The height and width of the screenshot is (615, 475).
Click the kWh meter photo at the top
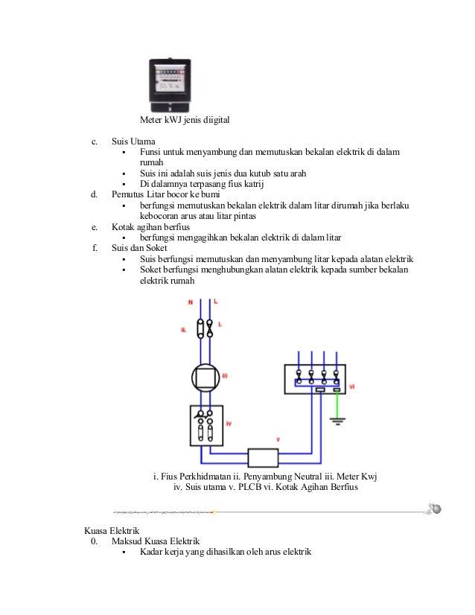click(169, 84)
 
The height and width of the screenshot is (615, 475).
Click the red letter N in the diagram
click(190, 302)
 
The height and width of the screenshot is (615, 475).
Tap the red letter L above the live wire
click(214, 302)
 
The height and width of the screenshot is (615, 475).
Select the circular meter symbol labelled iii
click(205, 377)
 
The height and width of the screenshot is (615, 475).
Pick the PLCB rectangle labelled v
click(263, 458)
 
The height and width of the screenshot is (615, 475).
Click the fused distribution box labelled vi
click(317, 378)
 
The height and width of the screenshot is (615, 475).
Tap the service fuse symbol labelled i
click(211, 328)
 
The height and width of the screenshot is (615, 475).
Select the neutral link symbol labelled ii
click(199, 328)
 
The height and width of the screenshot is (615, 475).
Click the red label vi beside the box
click(352, 387)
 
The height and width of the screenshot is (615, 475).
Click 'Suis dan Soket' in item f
click(139, 248)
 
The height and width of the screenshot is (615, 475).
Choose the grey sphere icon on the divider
click(437, 509)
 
